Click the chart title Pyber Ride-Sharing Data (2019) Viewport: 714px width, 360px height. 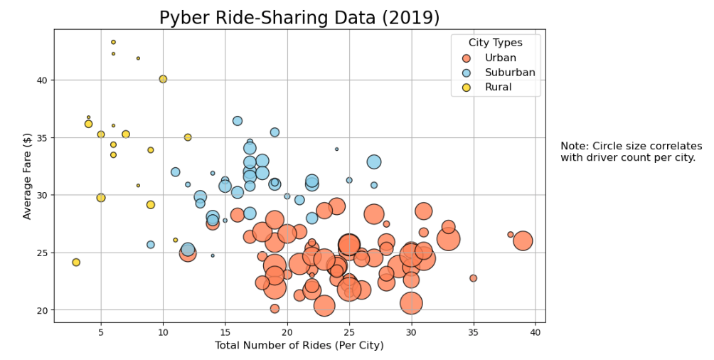tap(299, 17)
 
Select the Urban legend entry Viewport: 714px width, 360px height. tap(500, 58)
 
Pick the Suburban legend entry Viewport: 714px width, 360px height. tap(509, 73)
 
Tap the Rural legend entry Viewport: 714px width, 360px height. tap(498, 88)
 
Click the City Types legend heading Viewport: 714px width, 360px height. tap(495, 43)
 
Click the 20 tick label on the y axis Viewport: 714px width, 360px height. tap(42, 310)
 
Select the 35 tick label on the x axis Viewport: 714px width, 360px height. tap(473, 332)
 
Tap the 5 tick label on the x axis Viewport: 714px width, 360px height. tap(101, 332)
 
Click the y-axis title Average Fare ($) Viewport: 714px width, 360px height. tap(28, 175)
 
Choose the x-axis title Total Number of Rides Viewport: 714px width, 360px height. tap(299, 346)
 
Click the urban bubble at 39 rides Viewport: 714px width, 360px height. tap(523, 241)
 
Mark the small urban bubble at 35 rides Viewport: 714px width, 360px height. tap(473, 278)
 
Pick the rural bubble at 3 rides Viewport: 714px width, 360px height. tap(76, 263)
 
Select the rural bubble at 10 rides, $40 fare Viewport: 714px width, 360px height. tap(163, 79)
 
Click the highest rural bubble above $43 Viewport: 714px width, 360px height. tap(113, 42)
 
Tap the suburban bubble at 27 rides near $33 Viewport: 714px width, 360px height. tap(374, 162)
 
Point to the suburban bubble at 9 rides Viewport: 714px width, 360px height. tap(151, 245)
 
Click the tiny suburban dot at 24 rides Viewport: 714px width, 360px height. tap(336, 149)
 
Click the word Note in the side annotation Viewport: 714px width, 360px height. tap(573, 146)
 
